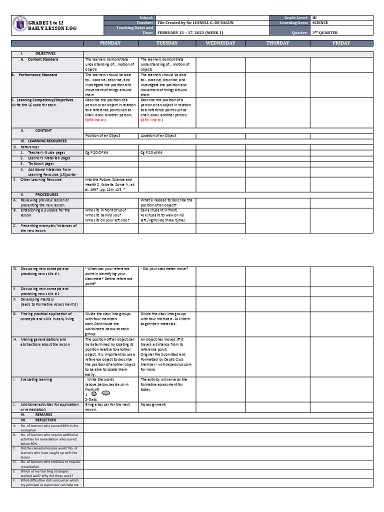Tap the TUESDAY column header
(x=167, y=43)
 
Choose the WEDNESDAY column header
(x=220, y=43)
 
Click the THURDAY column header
(x=277, y=43)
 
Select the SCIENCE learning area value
(x=320, y=23)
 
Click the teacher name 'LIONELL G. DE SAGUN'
(x=195, y=23)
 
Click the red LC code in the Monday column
(x=95, y=120)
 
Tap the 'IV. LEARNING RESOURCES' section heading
(x=39, y=141)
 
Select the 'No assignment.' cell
(x=152, y=404)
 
